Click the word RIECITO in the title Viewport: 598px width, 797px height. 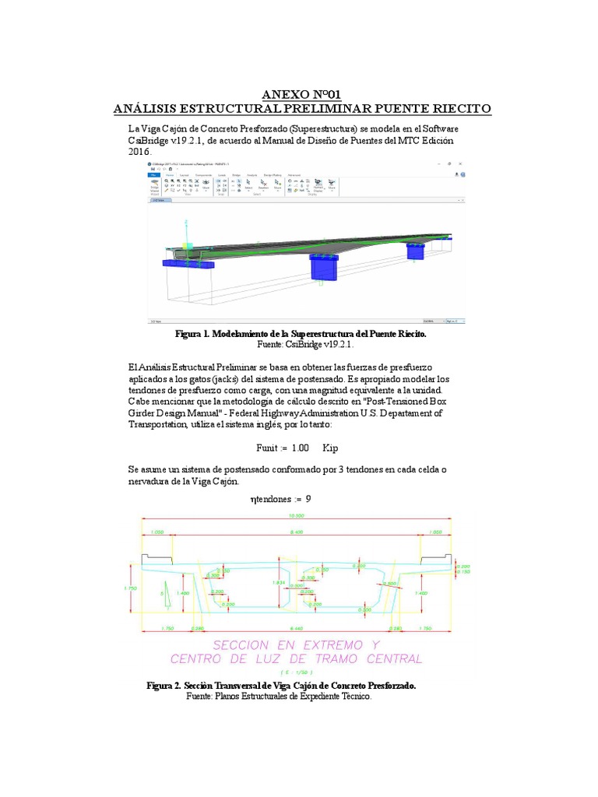(455, 109)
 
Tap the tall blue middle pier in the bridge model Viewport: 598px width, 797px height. (322, 266)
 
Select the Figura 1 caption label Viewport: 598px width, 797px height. (199, 333)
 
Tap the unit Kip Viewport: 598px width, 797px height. (330, 448)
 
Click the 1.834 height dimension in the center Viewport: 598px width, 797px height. (277, 582)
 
